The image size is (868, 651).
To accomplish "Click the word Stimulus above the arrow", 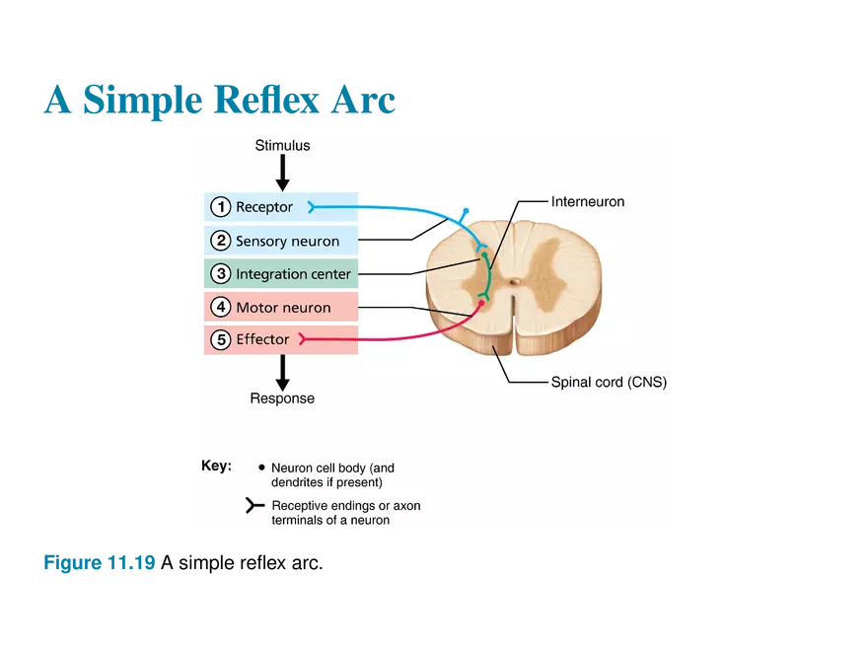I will tap(282, 146).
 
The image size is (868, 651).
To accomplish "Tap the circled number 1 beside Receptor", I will tap(221, 207).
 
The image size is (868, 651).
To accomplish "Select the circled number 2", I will tap(221, 241).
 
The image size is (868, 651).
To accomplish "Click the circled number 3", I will tap(221, 273).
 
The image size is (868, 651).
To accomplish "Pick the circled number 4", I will tap(221, 308).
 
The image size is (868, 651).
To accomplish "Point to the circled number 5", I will tap(221, 340).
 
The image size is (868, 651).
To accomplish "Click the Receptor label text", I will tap(264, 207).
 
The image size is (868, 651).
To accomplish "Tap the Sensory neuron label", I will tap(287, 241).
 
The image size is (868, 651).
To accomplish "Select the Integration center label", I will tap(293, 273).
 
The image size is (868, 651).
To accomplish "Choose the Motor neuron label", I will tap(283, 308).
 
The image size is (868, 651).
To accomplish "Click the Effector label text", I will tap(262, 340).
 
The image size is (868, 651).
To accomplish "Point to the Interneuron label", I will tap(588, 202).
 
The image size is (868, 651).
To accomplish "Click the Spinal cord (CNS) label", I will tap(609, 383).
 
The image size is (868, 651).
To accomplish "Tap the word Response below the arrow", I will tap(282, 398).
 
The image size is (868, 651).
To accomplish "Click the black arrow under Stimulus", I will tap(282, 173).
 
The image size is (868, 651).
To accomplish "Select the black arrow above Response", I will tap(282, 372).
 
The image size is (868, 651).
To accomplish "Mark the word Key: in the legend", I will tap(216, 466).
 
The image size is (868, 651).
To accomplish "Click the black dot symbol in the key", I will tap(261, 468).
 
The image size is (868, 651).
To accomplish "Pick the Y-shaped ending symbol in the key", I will tap(254, 506).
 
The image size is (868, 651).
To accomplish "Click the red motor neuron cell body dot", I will tap(481, 303).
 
